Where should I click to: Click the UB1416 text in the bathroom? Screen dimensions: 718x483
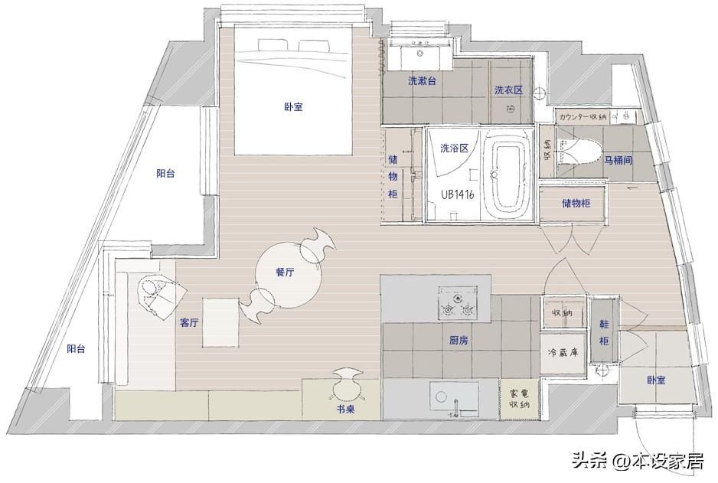click(x=458, y=194)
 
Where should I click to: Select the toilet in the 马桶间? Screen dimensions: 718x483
click(x=579, y=152)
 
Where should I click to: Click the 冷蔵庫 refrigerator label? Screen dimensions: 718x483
click(x=563, y=353)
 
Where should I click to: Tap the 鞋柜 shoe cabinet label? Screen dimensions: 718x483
click(x=604, y=332)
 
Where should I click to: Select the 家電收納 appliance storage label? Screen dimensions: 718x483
click(x=519, y=399)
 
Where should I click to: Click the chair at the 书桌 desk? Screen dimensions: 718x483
click(x=347, y=383)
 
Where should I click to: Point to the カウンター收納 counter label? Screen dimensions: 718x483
click(x=583, y=117)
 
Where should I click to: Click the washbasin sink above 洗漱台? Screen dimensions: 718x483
click(x=420, y=53)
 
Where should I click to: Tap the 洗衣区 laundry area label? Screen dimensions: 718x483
click(x=508, y=90)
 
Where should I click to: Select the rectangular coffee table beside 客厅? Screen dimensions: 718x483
click(x=220, y=322)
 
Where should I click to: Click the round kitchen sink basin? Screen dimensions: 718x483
click(x=442, y=397)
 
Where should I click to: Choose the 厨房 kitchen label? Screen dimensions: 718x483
click(x=459, y=341)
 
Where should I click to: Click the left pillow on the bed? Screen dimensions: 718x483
click(x=272, y=44)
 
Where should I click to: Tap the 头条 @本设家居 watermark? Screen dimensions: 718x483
click(x=638, y=461)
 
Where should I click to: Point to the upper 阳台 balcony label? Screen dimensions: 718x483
click(x=165, y=174)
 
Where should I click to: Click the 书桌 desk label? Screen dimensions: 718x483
click(x=345, y=410)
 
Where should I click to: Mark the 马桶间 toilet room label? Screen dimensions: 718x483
click(x=618, y=160)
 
